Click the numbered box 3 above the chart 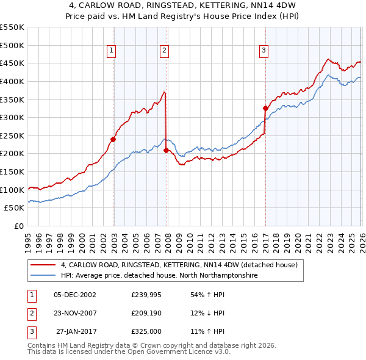tap(264, 51)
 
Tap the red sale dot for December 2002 tap(113, 139)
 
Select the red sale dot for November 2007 tap(167, 150)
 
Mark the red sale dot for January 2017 tap(265, 109)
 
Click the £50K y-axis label tap(14, 207)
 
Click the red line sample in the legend tap(44, 265)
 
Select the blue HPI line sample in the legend tap(44, 276)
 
